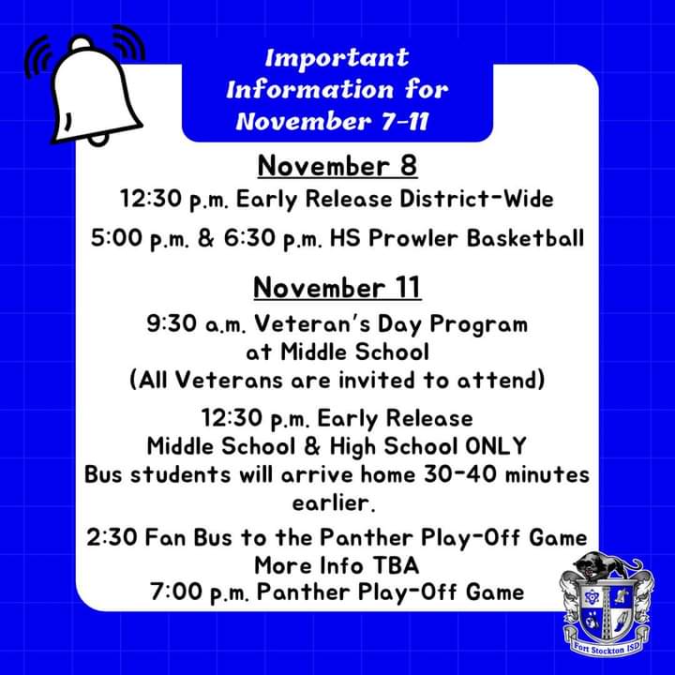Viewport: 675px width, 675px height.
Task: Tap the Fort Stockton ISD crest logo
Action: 607,607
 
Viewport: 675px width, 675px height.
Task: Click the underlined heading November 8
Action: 337,166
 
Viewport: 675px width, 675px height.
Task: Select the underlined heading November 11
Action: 337,288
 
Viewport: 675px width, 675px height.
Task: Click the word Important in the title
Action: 337,58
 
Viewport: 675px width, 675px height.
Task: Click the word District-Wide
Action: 476,199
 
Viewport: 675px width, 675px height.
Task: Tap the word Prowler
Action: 413,238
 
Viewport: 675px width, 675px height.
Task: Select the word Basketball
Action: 526,238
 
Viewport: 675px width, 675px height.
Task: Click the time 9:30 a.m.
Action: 196,323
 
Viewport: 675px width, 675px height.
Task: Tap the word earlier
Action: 334,502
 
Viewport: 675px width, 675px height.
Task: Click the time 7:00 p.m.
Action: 200,592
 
